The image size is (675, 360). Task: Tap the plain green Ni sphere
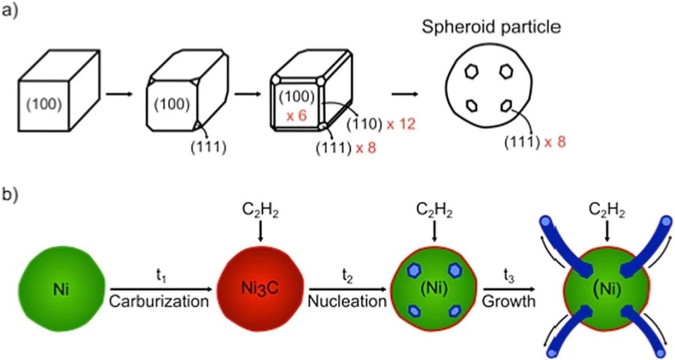tap(61, 289)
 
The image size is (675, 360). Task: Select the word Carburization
tap(159, 301)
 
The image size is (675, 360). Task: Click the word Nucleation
tap(347, 301)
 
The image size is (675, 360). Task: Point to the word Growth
tap(508, 301)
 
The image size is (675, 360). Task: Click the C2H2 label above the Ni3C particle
tap(260, 211)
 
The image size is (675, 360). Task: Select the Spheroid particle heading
tap(491, 27)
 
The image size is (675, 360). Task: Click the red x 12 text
tap(400, 124)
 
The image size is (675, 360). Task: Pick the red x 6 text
tap(296, 115)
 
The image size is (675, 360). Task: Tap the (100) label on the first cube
tap(44, 104)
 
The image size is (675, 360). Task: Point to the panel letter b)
tap(10, 195)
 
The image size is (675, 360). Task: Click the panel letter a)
tap(10, 10)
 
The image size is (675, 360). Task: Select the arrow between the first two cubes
tap(119, 94)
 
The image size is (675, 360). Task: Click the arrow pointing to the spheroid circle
tap(404, 94)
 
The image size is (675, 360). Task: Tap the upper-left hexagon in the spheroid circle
tap(472, 71)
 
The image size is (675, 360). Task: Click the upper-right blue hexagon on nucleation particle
tap(454, 270)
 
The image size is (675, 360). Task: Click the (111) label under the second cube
tap(208, 146)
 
